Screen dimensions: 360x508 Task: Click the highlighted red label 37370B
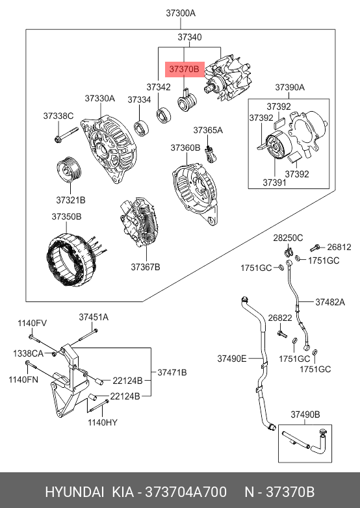point(185,70)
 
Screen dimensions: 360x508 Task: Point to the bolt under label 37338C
point(66,135)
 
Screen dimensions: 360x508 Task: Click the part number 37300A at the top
point(181,13)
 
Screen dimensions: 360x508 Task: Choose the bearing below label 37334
point(142,127)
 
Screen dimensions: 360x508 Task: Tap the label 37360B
point(185,147)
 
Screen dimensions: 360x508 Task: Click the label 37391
point(274,183)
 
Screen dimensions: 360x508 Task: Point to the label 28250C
point(288,238)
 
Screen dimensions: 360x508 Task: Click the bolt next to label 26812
point(315,248)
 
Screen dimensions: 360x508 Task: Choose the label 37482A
point(330,302)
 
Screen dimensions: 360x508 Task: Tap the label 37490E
point(232,359)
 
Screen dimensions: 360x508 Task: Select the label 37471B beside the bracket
point(172,373)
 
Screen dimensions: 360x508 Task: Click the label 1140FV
point(32,323)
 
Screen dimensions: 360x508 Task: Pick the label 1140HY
point(103,422)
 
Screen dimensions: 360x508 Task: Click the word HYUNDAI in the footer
point(75,492)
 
